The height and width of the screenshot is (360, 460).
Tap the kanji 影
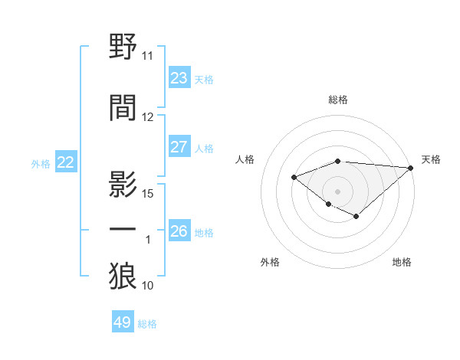123,183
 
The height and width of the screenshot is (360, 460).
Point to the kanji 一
123,229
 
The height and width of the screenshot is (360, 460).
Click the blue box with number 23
179,77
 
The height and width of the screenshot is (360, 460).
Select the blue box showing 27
179,146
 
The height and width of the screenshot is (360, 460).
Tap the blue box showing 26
179,231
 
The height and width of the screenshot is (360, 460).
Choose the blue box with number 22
66,162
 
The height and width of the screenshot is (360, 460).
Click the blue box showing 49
123,322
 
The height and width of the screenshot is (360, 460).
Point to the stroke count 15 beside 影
149,193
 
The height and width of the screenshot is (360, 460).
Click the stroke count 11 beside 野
147,56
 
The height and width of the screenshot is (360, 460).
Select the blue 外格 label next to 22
40,163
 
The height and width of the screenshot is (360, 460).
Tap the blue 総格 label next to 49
147,324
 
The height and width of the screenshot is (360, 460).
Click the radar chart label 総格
337,100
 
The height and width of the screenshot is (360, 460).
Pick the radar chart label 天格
431,159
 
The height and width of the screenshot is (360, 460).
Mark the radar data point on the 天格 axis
411,167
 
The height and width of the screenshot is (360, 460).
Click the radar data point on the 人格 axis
294,177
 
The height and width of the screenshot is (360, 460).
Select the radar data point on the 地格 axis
356,217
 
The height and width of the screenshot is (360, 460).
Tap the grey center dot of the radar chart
337,191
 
